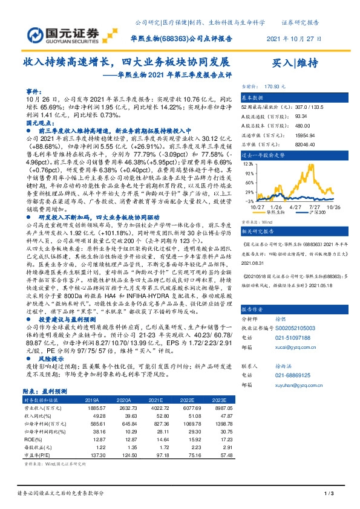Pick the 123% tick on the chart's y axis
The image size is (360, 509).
coord(246,163)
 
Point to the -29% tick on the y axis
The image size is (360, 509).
coord(247,201)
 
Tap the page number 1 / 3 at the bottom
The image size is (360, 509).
coord(330,494)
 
